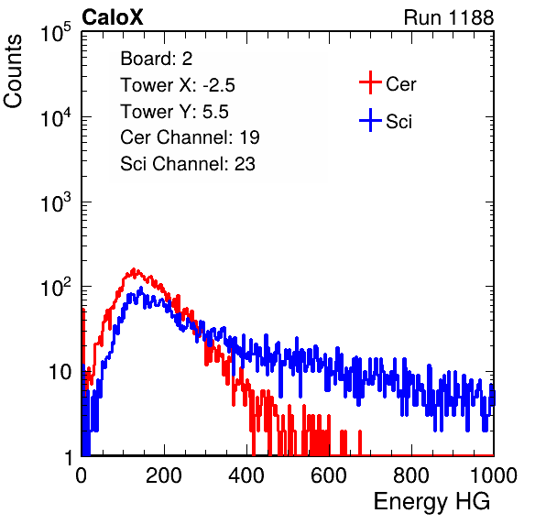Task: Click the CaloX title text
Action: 112,17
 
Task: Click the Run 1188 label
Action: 449,17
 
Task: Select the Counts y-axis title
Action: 13,71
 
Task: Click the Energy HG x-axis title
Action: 431,502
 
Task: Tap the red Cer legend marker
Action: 370,82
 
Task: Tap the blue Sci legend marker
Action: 370,121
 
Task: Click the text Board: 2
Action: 156,59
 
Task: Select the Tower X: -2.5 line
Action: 178,85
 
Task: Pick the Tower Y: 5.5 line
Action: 174,112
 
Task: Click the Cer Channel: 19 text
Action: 190,137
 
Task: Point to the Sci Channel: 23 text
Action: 188,164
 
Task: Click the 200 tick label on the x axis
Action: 164,475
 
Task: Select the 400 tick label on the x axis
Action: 246,475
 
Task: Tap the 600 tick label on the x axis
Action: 329,475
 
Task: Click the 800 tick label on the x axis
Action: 411,475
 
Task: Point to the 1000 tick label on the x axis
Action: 494,475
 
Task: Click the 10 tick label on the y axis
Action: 60,372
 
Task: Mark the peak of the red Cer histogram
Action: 134,269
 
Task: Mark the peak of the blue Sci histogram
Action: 141,288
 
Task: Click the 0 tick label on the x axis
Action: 81,475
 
